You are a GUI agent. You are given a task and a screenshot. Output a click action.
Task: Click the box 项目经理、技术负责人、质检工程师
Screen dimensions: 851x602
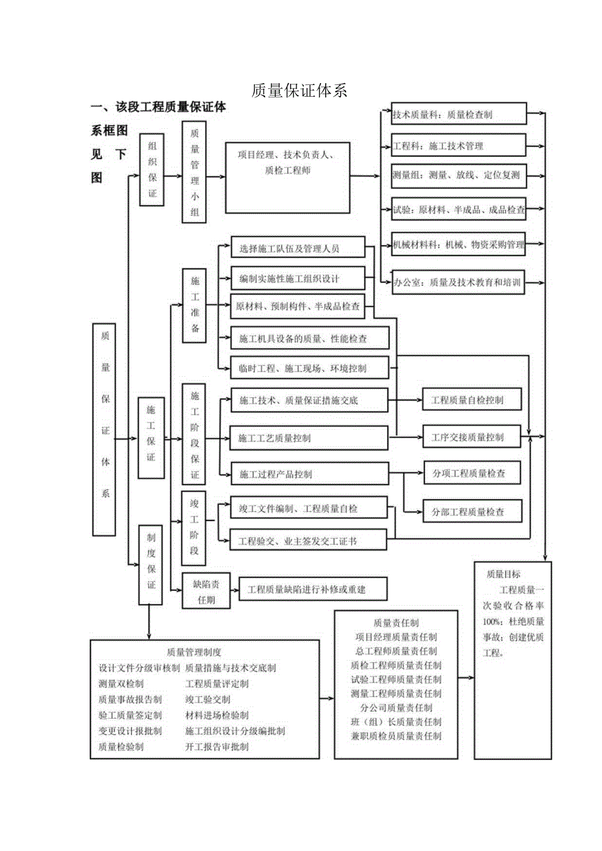click(287, 163)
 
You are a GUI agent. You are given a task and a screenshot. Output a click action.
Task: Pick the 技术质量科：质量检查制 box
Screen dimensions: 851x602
click(458, 114)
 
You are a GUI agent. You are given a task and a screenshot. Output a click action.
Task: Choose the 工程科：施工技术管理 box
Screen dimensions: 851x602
click(458, 145)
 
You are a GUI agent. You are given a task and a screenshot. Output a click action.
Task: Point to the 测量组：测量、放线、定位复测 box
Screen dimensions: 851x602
click(458, 175)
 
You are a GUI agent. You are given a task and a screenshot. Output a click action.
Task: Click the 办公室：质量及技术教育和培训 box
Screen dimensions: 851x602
click(458, 283)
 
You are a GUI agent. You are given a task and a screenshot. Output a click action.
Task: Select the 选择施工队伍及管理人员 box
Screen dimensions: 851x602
click(298, 249)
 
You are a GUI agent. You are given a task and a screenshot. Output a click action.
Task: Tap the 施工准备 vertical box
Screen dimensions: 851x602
click(195, 305)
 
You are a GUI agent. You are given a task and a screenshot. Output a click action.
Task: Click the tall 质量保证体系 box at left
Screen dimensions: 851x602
click(105, 429)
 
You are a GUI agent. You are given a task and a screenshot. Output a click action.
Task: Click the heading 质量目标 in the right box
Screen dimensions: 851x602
click(503, 574)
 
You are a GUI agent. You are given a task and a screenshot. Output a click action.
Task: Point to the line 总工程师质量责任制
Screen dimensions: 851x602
click(396, 651)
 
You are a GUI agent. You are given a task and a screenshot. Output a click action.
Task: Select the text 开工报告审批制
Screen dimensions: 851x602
click(217, 746)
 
